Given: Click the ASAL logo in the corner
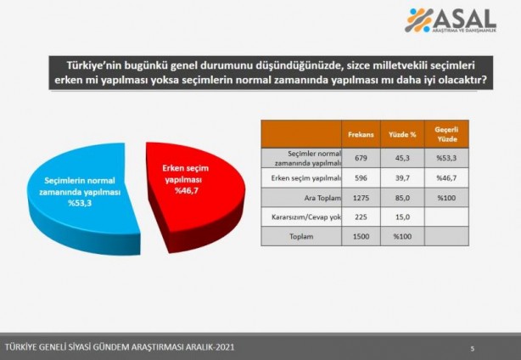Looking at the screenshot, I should [450, 21].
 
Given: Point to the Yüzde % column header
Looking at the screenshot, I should [402, 134].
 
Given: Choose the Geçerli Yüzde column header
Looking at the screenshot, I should [446, 134].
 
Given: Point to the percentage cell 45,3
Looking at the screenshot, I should [402, 157].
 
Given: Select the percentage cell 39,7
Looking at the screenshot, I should [402, 178].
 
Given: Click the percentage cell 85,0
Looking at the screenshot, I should [402, 200].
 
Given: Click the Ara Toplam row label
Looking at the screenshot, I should [303, 200].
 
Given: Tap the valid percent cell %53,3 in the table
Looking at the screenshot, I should [446, 157].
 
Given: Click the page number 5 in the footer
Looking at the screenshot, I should [473, 347].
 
